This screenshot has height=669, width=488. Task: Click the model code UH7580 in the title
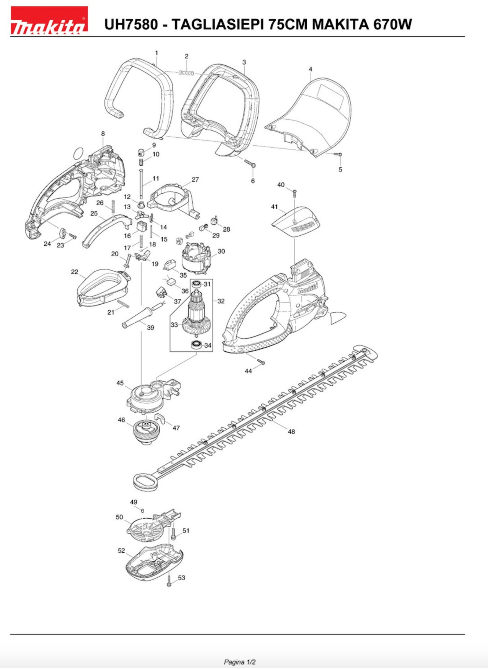tap(131, 24)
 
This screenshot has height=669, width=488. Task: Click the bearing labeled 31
tap(196, 284)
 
